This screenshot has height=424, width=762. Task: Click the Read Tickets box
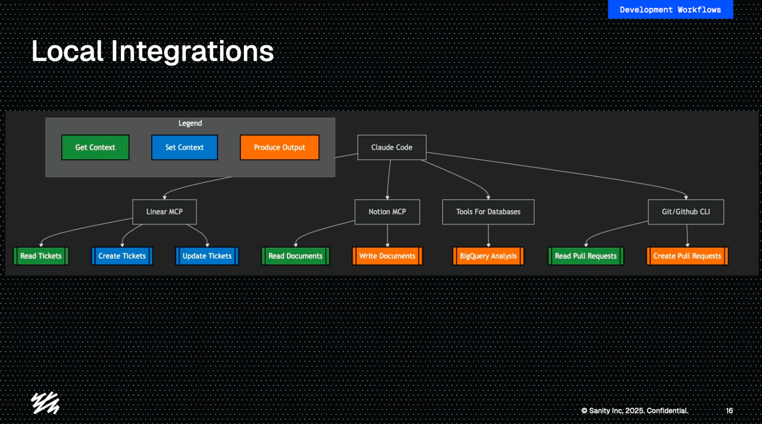pos(41,256)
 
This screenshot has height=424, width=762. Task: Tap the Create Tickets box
pos(122,256)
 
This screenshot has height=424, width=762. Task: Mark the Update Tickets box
pos(207,256)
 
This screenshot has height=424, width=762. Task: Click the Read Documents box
pos(295,256)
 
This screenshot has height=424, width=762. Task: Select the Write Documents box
pos(387,256)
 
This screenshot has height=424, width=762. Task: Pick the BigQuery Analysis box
pos(488,256)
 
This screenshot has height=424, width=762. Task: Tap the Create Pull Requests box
pos(687,256)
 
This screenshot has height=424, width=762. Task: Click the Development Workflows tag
pos(670,10)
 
